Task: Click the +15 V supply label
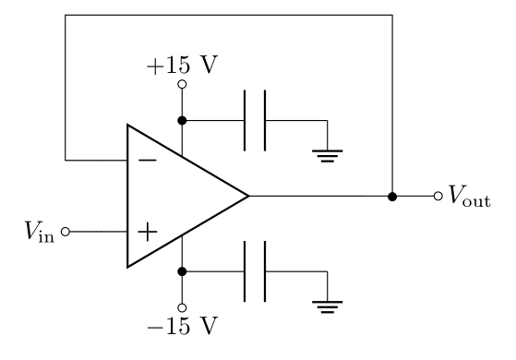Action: (184, 66)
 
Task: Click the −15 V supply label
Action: (183, 326)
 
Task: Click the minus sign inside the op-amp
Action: (146, 160)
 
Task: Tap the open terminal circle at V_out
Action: (438, 196)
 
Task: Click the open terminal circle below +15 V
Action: (183, 85)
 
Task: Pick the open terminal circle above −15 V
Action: (183, 307)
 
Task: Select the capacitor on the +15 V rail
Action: (254, 120)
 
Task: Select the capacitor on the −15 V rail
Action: (254, 271)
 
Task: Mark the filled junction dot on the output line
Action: (392, 196)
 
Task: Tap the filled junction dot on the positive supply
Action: (183, 120)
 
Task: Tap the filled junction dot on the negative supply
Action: (183, 271)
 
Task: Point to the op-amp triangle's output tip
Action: (248, 196)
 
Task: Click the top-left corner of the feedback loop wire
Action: (66, 16)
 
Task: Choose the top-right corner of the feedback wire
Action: (392, 16)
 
